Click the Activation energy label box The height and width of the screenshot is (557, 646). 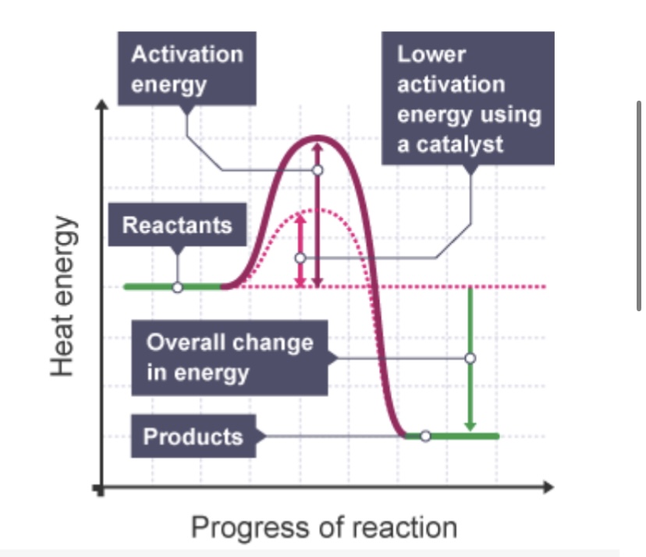click(187, 69)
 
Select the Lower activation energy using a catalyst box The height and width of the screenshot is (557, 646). click(468, 98)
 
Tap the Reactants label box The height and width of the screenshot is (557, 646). click(177, 225)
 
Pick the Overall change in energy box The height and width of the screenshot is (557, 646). click(229, 357)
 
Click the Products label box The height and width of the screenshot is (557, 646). click(193, 436)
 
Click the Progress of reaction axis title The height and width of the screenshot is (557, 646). click(324, 527)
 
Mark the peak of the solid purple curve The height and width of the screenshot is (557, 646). click(316, 138)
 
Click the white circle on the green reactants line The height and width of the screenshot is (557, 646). click(177, 287)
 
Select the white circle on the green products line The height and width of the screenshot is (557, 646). click(425, 436)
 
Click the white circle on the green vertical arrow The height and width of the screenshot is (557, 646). click(470, 358)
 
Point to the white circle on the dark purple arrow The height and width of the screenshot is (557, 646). click(317, 169)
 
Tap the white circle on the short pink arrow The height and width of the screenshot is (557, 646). click(300, 257)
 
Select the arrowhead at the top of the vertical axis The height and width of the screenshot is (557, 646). click(99, 105)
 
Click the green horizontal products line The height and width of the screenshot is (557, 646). click(460, 436)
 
